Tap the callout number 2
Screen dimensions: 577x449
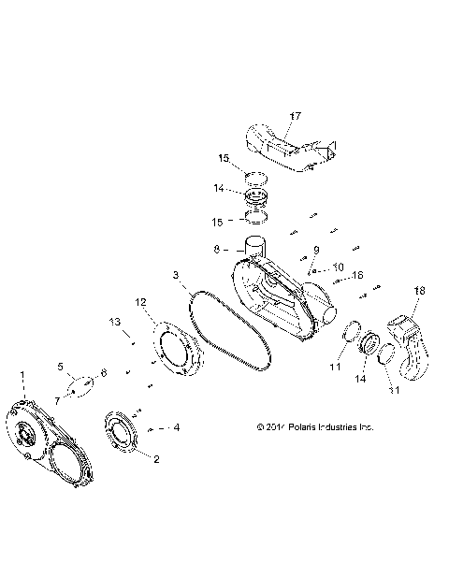coord(156,458)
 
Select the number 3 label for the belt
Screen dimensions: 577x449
coord(175,275)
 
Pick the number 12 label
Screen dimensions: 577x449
coord(141,302)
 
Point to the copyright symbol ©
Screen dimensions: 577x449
coord(260,427)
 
